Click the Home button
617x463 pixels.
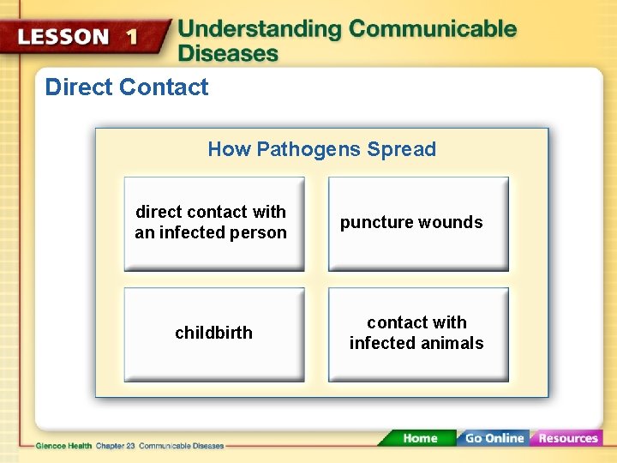click(420, 438)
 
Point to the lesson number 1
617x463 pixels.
click(131, 37)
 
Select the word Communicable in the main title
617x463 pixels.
click(433, 29)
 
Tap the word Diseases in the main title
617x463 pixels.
click(228, 53)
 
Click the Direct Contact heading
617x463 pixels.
click(127, 87)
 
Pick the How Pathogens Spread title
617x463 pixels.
click(321, 149)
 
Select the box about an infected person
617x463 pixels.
click(213, 224)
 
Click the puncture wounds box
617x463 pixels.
click(418, 224)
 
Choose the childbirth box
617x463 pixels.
click(213, 334)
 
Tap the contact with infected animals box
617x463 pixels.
click(418, 334)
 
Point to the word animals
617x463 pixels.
click(452, 344)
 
